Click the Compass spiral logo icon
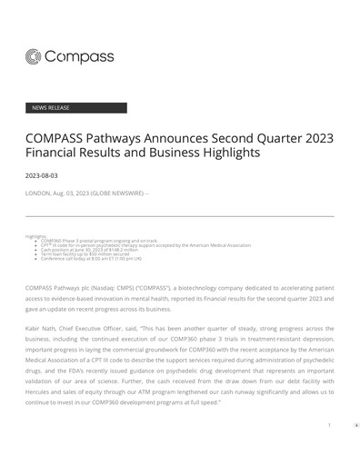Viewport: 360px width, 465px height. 34,57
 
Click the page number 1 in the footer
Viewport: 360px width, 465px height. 329,424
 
